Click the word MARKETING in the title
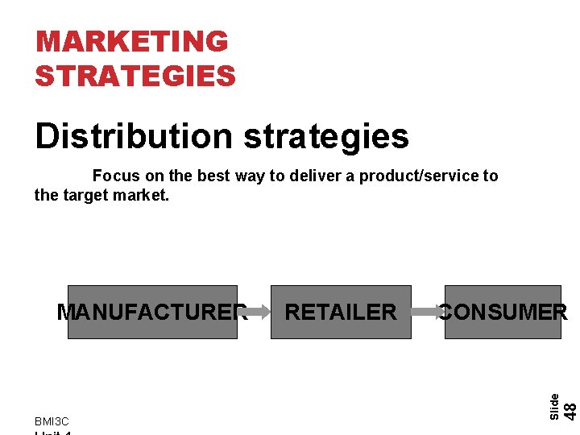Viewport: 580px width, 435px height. coord(132,41)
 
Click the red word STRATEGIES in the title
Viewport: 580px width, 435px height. coord(135,76)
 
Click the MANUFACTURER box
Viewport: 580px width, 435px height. coord(152,312)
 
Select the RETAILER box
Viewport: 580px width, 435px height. coord(341,312)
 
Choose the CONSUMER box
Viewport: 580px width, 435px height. coord(503,312)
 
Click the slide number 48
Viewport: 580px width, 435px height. coord(569,410)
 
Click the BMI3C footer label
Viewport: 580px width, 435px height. coord(52,421)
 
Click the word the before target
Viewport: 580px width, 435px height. coord(46,194)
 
